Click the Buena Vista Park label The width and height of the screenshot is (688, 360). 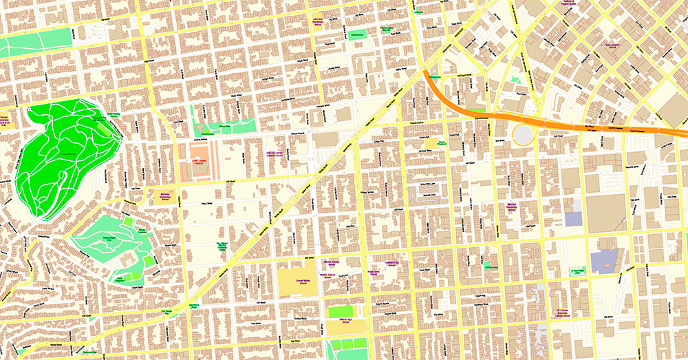coord(67,153)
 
